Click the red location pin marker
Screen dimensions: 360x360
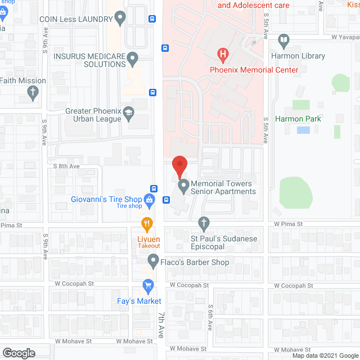coord(179,165)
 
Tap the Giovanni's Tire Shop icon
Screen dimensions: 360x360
coord(149,199)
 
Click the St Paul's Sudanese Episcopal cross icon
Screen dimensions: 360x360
coord(204,224)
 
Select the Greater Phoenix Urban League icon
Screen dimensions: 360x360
coord(129,114)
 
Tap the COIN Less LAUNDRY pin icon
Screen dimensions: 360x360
coord(120,19)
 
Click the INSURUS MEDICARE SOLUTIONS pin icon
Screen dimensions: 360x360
coord(133,58)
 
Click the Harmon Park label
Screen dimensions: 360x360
coord(298,119)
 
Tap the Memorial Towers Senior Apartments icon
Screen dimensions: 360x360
coord(183,186)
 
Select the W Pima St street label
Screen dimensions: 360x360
coord(289,224)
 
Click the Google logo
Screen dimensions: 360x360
coord(18,353)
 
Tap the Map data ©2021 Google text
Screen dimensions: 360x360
coord(325,355)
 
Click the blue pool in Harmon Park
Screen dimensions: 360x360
coord(303,130)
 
